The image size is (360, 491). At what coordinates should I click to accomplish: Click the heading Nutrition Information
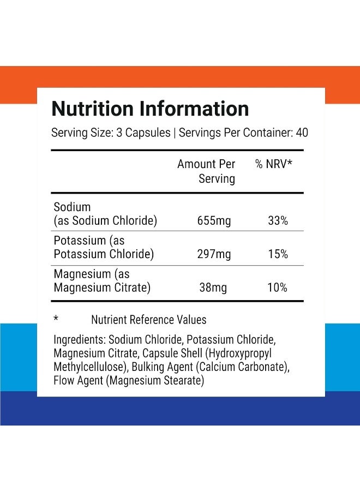(150, 109)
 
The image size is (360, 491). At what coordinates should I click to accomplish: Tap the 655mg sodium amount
(214, 221)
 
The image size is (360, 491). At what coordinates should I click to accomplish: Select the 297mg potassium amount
(214, 254)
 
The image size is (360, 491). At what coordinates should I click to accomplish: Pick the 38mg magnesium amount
(213, 288)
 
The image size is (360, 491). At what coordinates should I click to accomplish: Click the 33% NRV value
(278, 221)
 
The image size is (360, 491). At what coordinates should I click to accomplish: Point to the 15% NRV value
(278, 254)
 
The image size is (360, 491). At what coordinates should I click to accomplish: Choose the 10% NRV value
(277, 288)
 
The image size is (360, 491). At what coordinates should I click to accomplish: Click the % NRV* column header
(274, 164)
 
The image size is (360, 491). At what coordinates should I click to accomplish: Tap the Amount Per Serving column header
(206, 171)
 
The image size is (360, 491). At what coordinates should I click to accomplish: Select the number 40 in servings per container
(302, 133)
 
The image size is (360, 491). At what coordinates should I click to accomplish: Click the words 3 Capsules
(143, 133)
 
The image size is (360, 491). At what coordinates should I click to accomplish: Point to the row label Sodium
(73, 207)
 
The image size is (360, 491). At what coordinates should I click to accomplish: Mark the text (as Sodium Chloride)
(105, 221)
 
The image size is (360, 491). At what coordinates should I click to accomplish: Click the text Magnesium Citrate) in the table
(102, 288)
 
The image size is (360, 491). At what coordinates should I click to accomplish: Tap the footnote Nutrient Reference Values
(149, 320)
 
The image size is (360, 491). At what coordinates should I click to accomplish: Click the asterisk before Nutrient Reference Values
(56, 319)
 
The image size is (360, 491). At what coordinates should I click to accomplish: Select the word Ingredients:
(80, 340)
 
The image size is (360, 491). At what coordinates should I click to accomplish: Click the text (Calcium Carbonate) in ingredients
(243, 367)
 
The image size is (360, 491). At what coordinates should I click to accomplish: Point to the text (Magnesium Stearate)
(155, 381)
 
